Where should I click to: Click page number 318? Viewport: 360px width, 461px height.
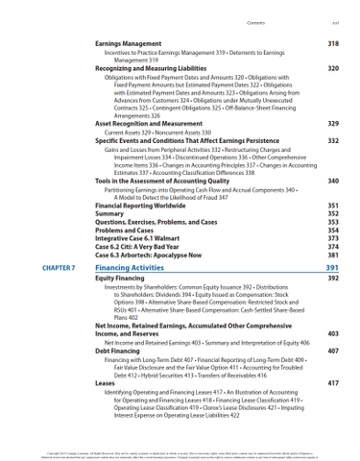332,44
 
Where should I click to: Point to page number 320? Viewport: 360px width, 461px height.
332,69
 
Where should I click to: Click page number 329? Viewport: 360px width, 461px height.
332,124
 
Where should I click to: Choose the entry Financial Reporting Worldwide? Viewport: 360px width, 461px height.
143,206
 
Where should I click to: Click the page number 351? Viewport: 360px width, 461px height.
332,206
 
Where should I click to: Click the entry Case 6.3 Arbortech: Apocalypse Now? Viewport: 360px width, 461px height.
152,255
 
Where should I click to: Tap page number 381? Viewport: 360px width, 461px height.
332,255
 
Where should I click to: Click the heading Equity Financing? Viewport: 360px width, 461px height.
123,278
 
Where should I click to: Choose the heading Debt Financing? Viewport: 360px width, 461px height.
120,352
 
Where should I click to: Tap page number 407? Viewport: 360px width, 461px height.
332,352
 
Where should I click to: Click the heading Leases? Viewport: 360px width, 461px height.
106,383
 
